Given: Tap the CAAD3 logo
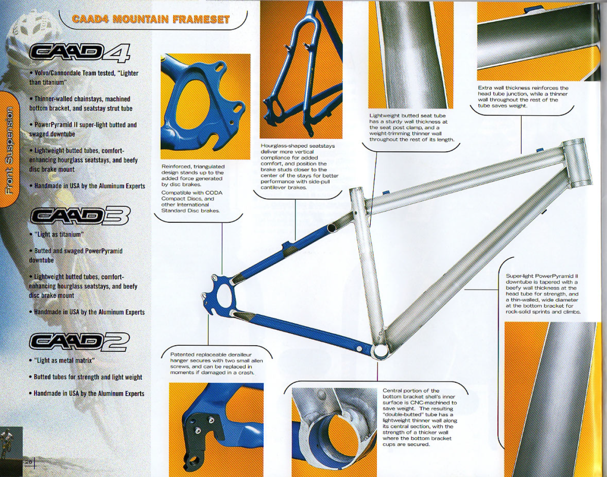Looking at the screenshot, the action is pyautogui.click(x=80, y=216).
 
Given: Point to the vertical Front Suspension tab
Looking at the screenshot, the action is pyautogui.click(x=10, y=151).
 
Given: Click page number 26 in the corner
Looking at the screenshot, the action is pyautogui.click(x=28, y=462).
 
